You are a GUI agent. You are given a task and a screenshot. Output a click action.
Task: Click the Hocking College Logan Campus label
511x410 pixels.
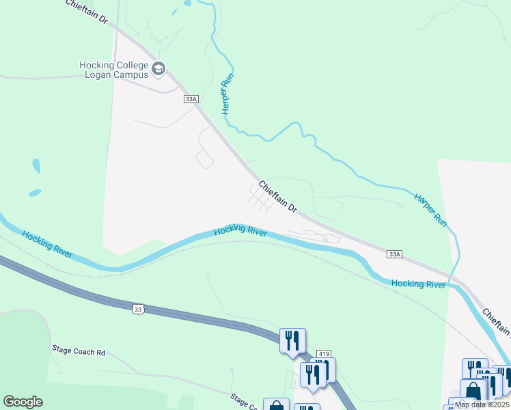[x=114, y=70]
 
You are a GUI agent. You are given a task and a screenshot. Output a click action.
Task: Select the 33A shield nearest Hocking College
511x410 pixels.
[x=191, y=99]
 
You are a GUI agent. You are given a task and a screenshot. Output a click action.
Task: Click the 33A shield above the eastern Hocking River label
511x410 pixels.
[x=394, y=254]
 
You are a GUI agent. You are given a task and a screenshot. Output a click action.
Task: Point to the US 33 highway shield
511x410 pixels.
[x=139, y=310]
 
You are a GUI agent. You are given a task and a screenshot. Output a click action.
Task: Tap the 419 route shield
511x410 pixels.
[x=324, y=354]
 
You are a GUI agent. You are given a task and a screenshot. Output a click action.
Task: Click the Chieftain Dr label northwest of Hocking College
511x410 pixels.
[x=87, y=12]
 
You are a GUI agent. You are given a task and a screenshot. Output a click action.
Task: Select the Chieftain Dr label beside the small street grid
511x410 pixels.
[x=278, y=197]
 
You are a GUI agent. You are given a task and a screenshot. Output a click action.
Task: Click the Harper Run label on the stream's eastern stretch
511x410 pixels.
[x=430, y=210]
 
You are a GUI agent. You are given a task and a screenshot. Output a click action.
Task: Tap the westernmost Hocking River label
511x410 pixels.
[x=47, y=244]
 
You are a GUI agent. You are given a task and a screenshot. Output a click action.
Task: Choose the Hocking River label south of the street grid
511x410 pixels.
[x=240, y=231]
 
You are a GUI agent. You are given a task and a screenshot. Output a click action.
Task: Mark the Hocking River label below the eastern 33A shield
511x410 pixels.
[x=419, y=283]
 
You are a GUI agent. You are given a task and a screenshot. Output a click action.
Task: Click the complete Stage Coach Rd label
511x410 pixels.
[x=79, y=351]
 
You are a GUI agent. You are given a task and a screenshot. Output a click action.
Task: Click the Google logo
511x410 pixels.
[x=23, y=401]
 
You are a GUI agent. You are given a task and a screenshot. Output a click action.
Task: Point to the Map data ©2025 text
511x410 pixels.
[x=481, y=404]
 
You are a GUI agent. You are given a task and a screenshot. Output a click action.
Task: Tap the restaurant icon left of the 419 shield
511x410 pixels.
[x=292, y=340]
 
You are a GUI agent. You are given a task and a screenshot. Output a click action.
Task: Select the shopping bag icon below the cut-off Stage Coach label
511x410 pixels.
[x=276, y=405]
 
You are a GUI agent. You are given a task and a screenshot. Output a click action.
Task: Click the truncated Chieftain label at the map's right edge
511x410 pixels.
[x=497, y=322]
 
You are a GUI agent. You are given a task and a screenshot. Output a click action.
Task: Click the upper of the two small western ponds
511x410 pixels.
[x=36, y=166]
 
